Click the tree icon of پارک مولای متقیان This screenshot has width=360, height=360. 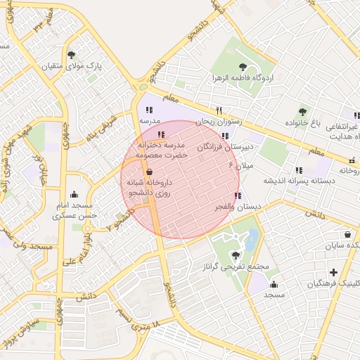pos(71,55)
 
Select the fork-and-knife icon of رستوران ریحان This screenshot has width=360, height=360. pos(219,110)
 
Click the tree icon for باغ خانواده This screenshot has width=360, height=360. pos(303,111)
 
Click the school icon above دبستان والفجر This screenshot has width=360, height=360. pos(237,195)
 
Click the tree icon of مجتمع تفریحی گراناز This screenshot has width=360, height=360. pos(234,255)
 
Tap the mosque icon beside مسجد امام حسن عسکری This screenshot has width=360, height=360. pos(75,195)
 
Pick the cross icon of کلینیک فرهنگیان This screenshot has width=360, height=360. pos(333,272)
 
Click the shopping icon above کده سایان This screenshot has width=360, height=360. pos(348,235)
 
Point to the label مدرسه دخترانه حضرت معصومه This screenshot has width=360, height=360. pos(162,148)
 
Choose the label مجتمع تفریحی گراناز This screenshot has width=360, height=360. pos(234,267)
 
